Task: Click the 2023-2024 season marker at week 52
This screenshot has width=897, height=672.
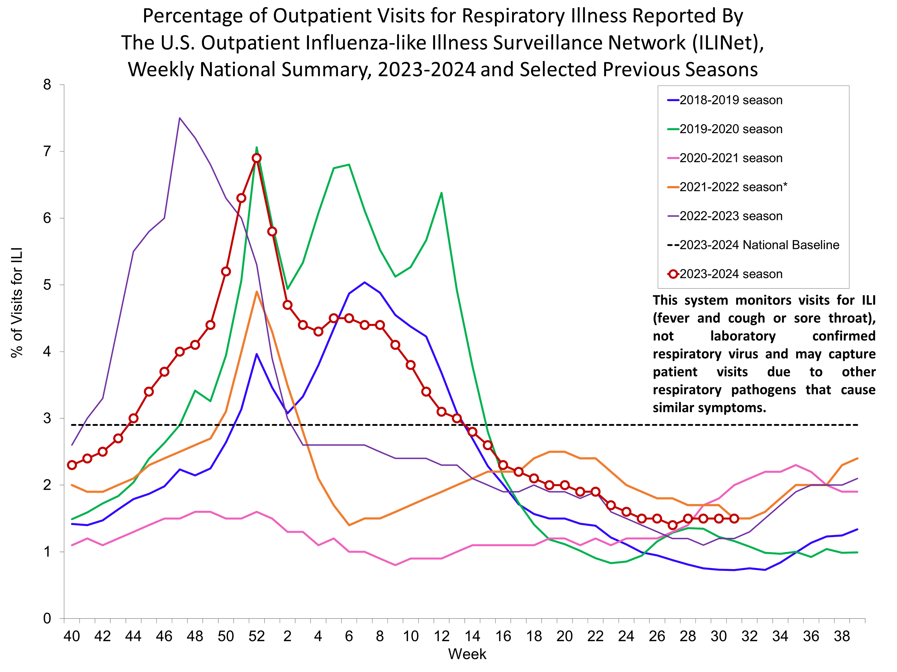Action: [x=256, y=158]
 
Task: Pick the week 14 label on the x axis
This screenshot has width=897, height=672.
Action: [x=472, y=636]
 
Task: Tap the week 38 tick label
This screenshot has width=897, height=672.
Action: [x=842, y=636]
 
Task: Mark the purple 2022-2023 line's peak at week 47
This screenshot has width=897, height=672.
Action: [x=180, y=118]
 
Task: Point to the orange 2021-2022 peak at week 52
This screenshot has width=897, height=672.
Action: [x=256, y=291]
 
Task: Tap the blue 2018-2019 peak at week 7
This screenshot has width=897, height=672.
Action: [x=364, y=282]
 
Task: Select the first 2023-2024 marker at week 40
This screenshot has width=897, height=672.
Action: [x=72, y=465]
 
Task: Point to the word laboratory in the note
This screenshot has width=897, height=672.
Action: [x=743, y=336]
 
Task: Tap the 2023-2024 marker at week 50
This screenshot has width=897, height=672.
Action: [x=226, y=271]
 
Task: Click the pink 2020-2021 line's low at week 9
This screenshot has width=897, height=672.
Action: [x=395, y=565]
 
